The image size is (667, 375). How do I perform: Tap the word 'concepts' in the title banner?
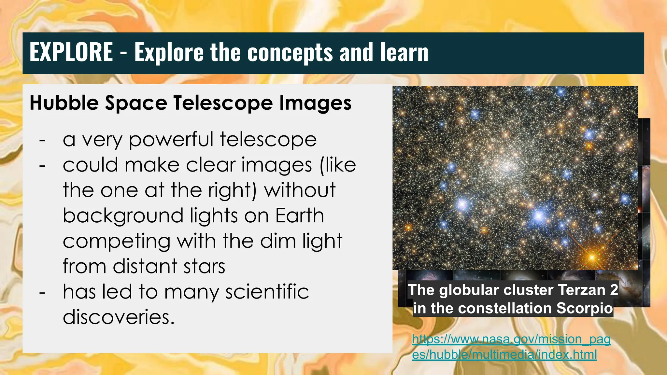[x=290, y=53]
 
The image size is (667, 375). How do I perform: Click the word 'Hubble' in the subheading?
[x=64, y=103]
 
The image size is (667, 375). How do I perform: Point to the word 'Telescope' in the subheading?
[x=223, y=103]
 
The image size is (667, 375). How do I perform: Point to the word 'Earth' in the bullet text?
[x=300, y=215]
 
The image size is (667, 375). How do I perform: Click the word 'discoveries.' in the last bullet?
[x=119, y=317]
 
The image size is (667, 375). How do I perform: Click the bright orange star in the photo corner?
[x=592, y=257]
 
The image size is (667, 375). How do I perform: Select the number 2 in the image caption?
[x=614, y=290]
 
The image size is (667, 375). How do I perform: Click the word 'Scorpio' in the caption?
[x=585, y=308]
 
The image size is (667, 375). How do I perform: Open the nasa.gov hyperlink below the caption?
[x=511, y=347]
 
